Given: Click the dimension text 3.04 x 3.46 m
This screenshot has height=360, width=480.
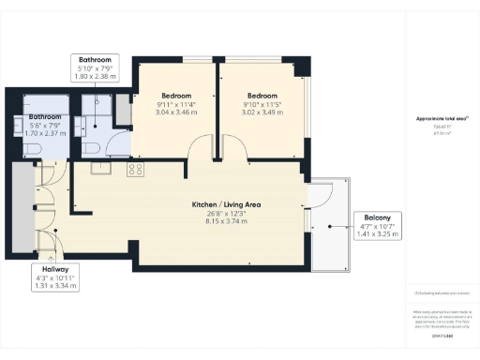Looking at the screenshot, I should click(175, 112).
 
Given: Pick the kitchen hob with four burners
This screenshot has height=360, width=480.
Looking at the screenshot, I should click(135, 170).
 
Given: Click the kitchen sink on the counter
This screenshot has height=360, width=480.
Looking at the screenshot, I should click(100, 169).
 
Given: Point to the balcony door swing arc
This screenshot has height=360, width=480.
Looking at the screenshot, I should click(322, 196).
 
